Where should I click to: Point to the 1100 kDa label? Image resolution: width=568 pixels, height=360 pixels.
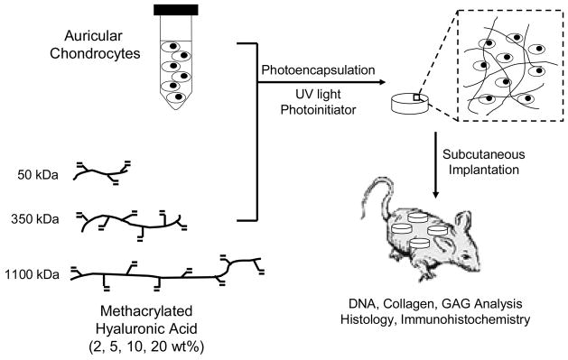(33, 273)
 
